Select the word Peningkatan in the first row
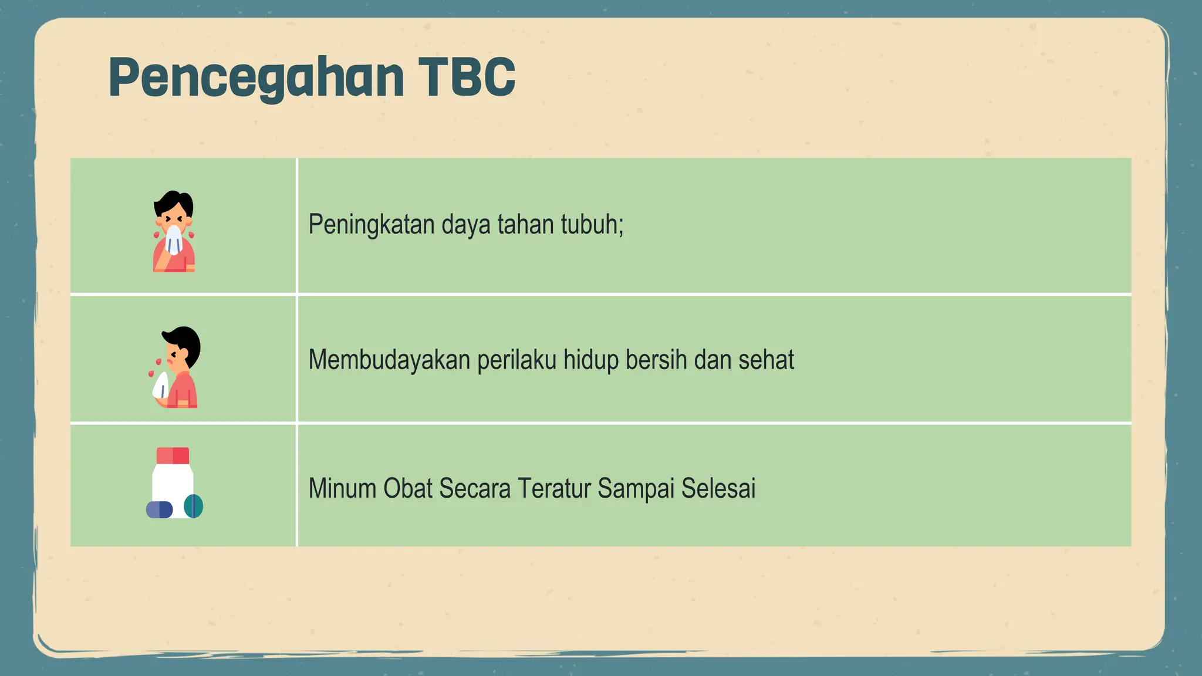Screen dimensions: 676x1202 [372, 225]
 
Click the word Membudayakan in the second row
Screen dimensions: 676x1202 [389, 360]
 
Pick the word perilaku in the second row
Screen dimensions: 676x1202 [516, 360]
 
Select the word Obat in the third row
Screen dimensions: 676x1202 [407, 488]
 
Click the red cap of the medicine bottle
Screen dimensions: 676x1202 [173, 456]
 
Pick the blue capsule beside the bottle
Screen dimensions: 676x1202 [159, 509]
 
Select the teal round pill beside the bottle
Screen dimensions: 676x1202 [194, 506]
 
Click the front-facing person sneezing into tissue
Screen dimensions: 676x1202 [174, 232]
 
